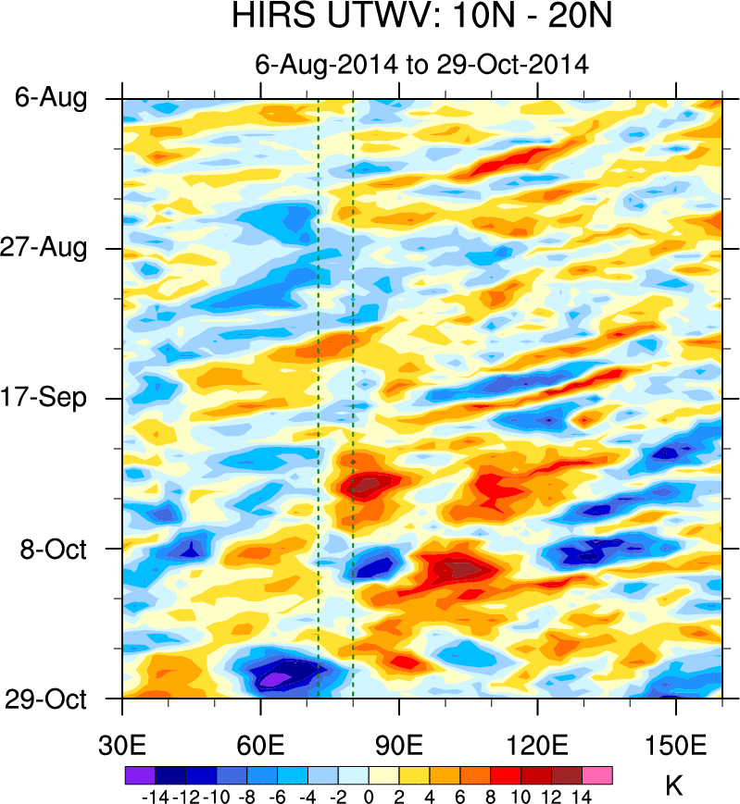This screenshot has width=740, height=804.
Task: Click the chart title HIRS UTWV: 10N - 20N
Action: (x=421, y=19)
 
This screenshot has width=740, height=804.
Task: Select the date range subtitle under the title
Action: (x=422, y=64)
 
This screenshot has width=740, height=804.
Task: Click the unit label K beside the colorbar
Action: (x=674, y=786)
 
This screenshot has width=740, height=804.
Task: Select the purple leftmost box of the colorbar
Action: (x=139, y=774)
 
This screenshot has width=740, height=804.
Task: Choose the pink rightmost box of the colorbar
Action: (x=597, y=774)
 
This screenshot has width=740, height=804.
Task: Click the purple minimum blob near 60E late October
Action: (x=274, y=680)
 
